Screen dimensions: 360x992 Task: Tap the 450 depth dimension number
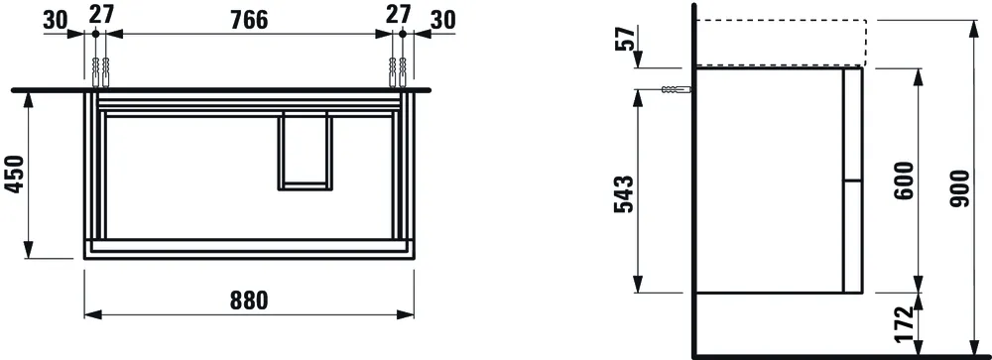[14, 177]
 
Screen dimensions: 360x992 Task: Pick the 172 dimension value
[904, 325]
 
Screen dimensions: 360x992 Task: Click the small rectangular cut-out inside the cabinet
[309, 149]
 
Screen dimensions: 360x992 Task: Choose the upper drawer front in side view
[852, 124]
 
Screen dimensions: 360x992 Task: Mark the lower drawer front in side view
[852, 236]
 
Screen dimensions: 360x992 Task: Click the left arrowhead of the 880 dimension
[90, 316]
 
